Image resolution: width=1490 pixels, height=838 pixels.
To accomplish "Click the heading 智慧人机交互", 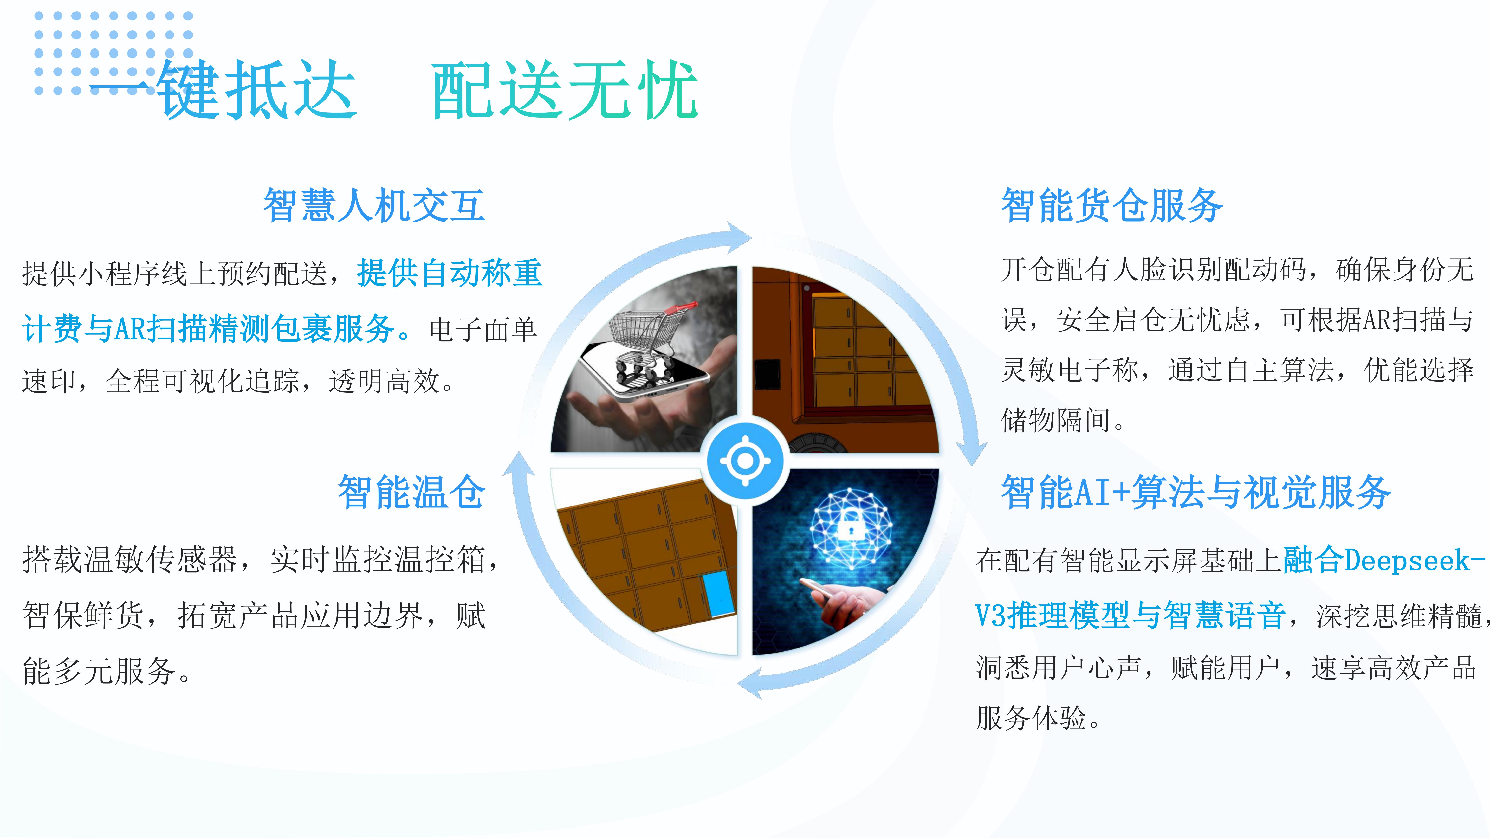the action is [374, 205].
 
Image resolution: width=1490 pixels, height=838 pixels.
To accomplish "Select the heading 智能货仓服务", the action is [1112, 205].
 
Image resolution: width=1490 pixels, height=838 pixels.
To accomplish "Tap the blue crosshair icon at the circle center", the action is [745, 461].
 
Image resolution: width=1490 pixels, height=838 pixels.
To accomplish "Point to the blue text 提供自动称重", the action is [450, 273].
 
